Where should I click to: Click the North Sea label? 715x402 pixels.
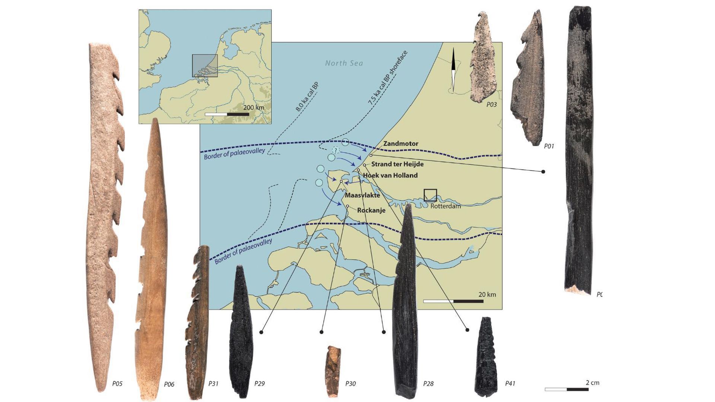(344, 63)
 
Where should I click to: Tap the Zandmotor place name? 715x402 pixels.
(401, 144)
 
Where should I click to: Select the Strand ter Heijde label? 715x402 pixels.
(397, 164)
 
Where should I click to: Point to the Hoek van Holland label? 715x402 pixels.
(390, 175)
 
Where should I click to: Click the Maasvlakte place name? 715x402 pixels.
(362, 195)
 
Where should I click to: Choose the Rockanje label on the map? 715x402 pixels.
(371, 210)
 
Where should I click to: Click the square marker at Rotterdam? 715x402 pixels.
(430, 195)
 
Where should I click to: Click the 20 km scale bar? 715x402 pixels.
(453, 301)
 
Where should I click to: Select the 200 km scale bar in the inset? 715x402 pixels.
(227, 114)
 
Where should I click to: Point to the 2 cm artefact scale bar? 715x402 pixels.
(566, 389)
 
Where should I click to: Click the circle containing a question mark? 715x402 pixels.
(336, 150)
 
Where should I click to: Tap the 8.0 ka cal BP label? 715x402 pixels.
(307, 97)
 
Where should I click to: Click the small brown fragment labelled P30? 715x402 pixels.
(333, 371)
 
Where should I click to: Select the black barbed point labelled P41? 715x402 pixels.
(486, 357)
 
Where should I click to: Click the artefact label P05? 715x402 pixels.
(117, 383)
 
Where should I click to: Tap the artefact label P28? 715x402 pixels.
(428, 383)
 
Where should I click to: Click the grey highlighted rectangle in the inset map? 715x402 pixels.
(205, 66)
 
